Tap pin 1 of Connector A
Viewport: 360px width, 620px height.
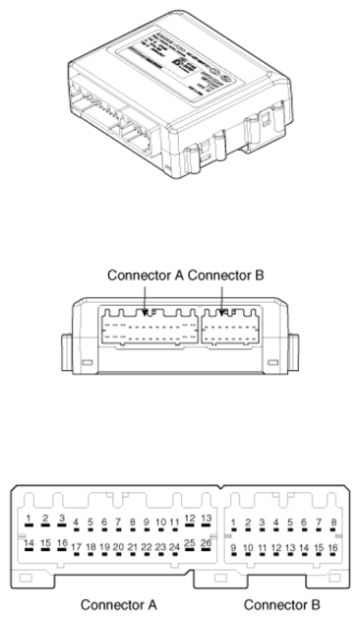(30, 518)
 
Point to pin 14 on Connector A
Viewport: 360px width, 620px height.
(30, 542)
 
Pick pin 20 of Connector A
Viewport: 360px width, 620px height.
(118, 546)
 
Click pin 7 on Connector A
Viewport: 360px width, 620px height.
(118, 523)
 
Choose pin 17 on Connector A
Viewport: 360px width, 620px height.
(76, 546)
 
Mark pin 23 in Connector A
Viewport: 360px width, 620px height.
(160, 546)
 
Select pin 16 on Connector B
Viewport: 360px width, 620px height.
(333, 546)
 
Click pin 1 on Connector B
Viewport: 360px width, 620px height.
(234, 523)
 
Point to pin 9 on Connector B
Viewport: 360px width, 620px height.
(234, 546)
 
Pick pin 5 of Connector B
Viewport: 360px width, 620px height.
(291, 523)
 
